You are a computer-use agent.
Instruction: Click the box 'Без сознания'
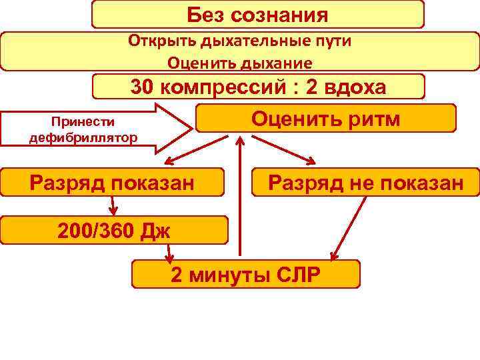257,14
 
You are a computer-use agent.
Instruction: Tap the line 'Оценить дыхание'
239,63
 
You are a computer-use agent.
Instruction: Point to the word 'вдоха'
361,87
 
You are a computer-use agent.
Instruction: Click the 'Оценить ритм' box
325,118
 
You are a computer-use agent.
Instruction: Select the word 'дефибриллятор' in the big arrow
83,138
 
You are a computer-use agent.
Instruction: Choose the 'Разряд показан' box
112,182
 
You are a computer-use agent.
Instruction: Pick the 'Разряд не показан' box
365,182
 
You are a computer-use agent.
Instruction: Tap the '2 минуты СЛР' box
246,274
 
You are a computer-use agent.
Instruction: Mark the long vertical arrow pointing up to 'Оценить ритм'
241,200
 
